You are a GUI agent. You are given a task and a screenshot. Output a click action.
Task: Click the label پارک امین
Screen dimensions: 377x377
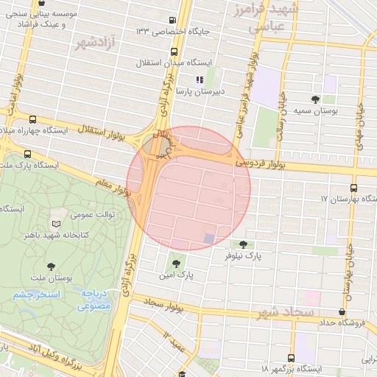coord(180,274)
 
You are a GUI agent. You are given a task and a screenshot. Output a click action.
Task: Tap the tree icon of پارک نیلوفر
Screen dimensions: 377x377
coord(243,244)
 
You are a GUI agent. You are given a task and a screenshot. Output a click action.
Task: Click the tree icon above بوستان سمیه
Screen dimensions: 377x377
coord(316,99)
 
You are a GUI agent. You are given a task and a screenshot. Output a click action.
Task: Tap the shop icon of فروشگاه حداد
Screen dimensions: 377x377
coord(342,311)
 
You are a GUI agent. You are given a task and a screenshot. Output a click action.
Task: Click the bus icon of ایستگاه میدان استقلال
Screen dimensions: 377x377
coord(175,52)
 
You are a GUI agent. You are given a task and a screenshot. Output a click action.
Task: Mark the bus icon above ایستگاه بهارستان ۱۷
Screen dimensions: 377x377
coord(354,188)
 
